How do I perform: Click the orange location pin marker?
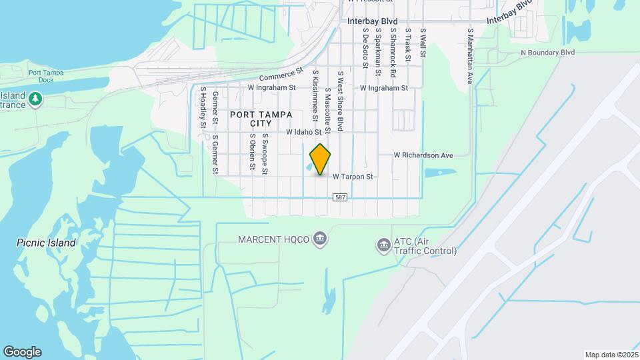click(x=321, y=159)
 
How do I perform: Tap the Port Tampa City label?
click(x=251, y=119)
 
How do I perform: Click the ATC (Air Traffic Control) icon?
click(x=383, y=246)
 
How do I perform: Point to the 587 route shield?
click(x=341, y=197)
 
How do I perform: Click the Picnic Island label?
click(x=46, y=243)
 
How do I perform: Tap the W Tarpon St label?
click(x=351, y=177)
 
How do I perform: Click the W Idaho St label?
click(x=308, y=132)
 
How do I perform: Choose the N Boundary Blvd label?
click(x=547, y=52)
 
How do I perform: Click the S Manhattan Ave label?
click(x=470, y=56)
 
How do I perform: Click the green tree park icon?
click(x=35, y=100)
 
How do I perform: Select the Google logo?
click(x=22, y=352)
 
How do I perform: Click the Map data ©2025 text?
click(x=610, y=355)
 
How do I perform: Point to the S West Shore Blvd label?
click(x=340, y=100)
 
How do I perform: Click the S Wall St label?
click(x=423, y=42)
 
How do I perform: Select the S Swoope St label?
click(x=265, y=153)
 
